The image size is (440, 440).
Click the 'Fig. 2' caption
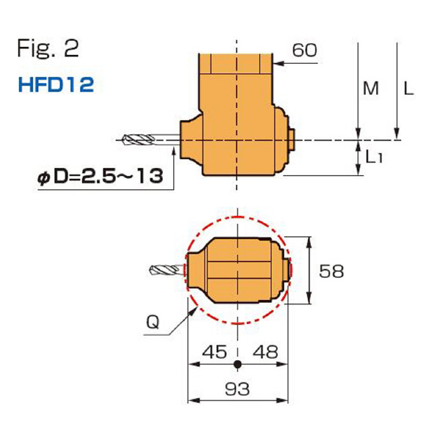pos(47,49)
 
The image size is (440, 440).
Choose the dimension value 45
pos(212,351)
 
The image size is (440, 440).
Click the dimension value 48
pos(265,351)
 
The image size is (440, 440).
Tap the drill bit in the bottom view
pos(166,270)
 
